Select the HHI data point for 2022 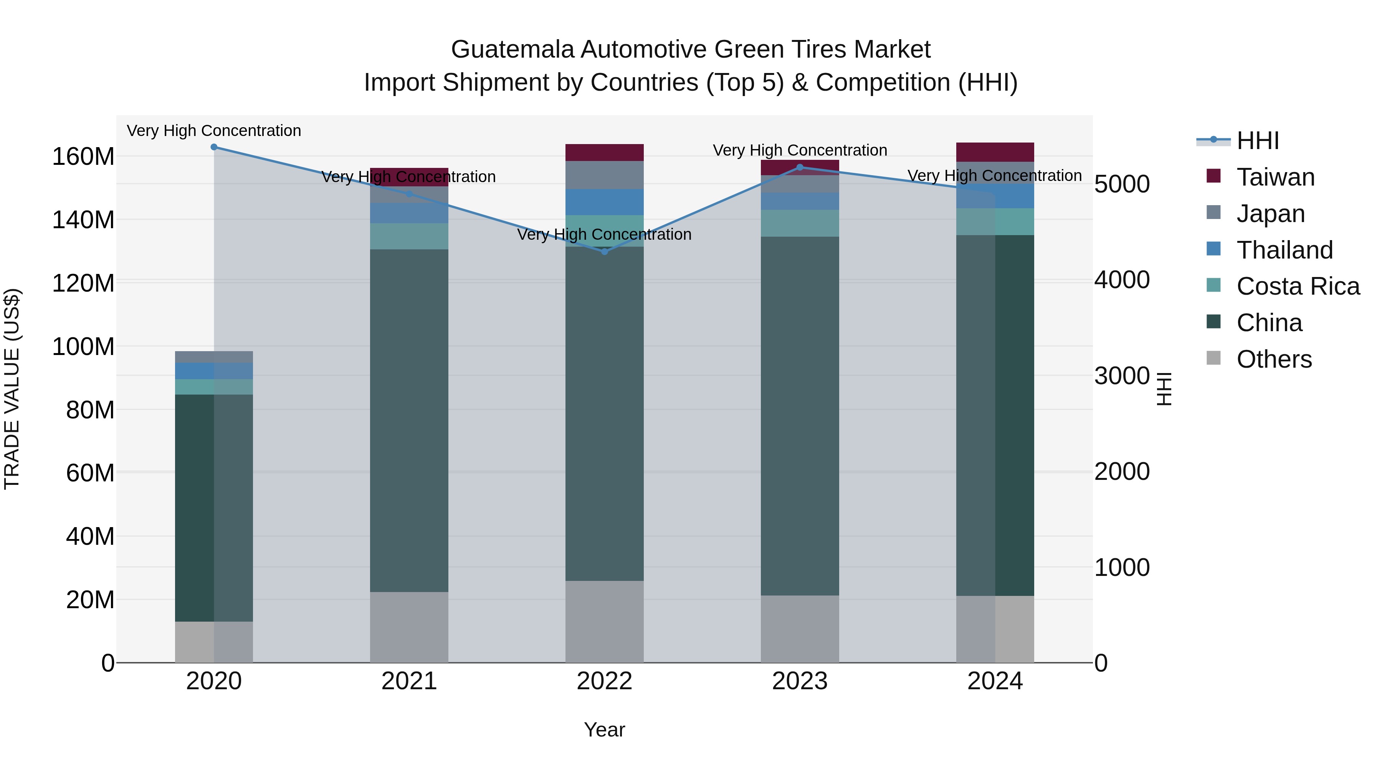point(605,252)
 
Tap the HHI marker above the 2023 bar point(800,168)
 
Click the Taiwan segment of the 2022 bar point(605,153)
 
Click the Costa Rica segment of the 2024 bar point(995,222)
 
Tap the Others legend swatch point(1213,358)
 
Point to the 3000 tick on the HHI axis point(1122,376)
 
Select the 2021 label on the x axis point(409,681)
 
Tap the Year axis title point(604,730)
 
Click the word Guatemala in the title point(512,50)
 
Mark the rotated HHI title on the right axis point(1164,389)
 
